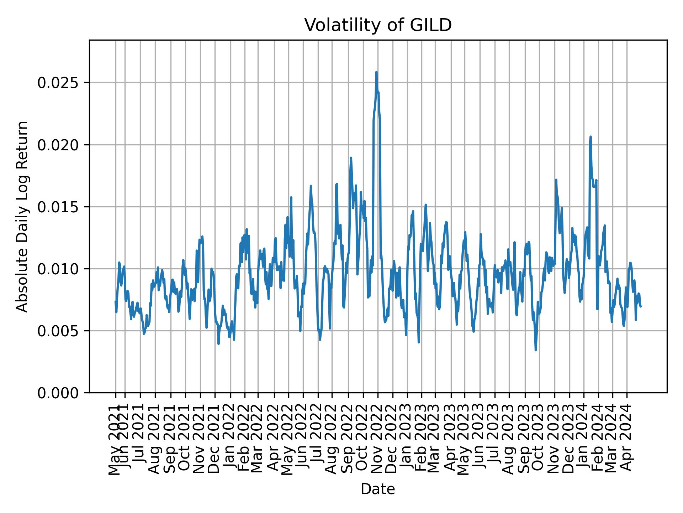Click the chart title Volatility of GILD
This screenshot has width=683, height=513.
(378, 25)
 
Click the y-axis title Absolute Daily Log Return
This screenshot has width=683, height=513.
(23, 216)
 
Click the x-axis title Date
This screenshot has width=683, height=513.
(378, 489)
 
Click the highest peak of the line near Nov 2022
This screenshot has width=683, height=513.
(376, 72)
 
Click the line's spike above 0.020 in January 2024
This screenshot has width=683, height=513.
(591, 137)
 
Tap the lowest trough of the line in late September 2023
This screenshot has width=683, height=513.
(536, 350)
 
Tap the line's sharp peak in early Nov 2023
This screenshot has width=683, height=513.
(556, 180)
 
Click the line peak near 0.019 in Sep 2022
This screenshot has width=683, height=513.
(351, 158)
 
